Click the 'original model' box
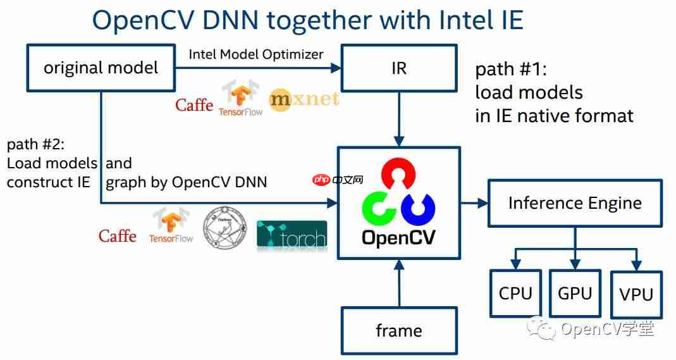101,68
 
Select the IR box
398,68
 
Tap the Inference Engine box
575,203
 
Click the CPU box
515,294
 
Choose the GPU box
575,293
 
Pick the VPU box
636,294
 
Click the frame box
398,330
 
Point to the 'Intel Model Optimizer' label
256,54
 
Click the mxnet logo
304,99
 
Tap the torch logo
292,237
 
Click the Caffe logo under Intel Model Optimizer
194,104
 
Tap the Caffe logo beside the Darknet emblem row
118,236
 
